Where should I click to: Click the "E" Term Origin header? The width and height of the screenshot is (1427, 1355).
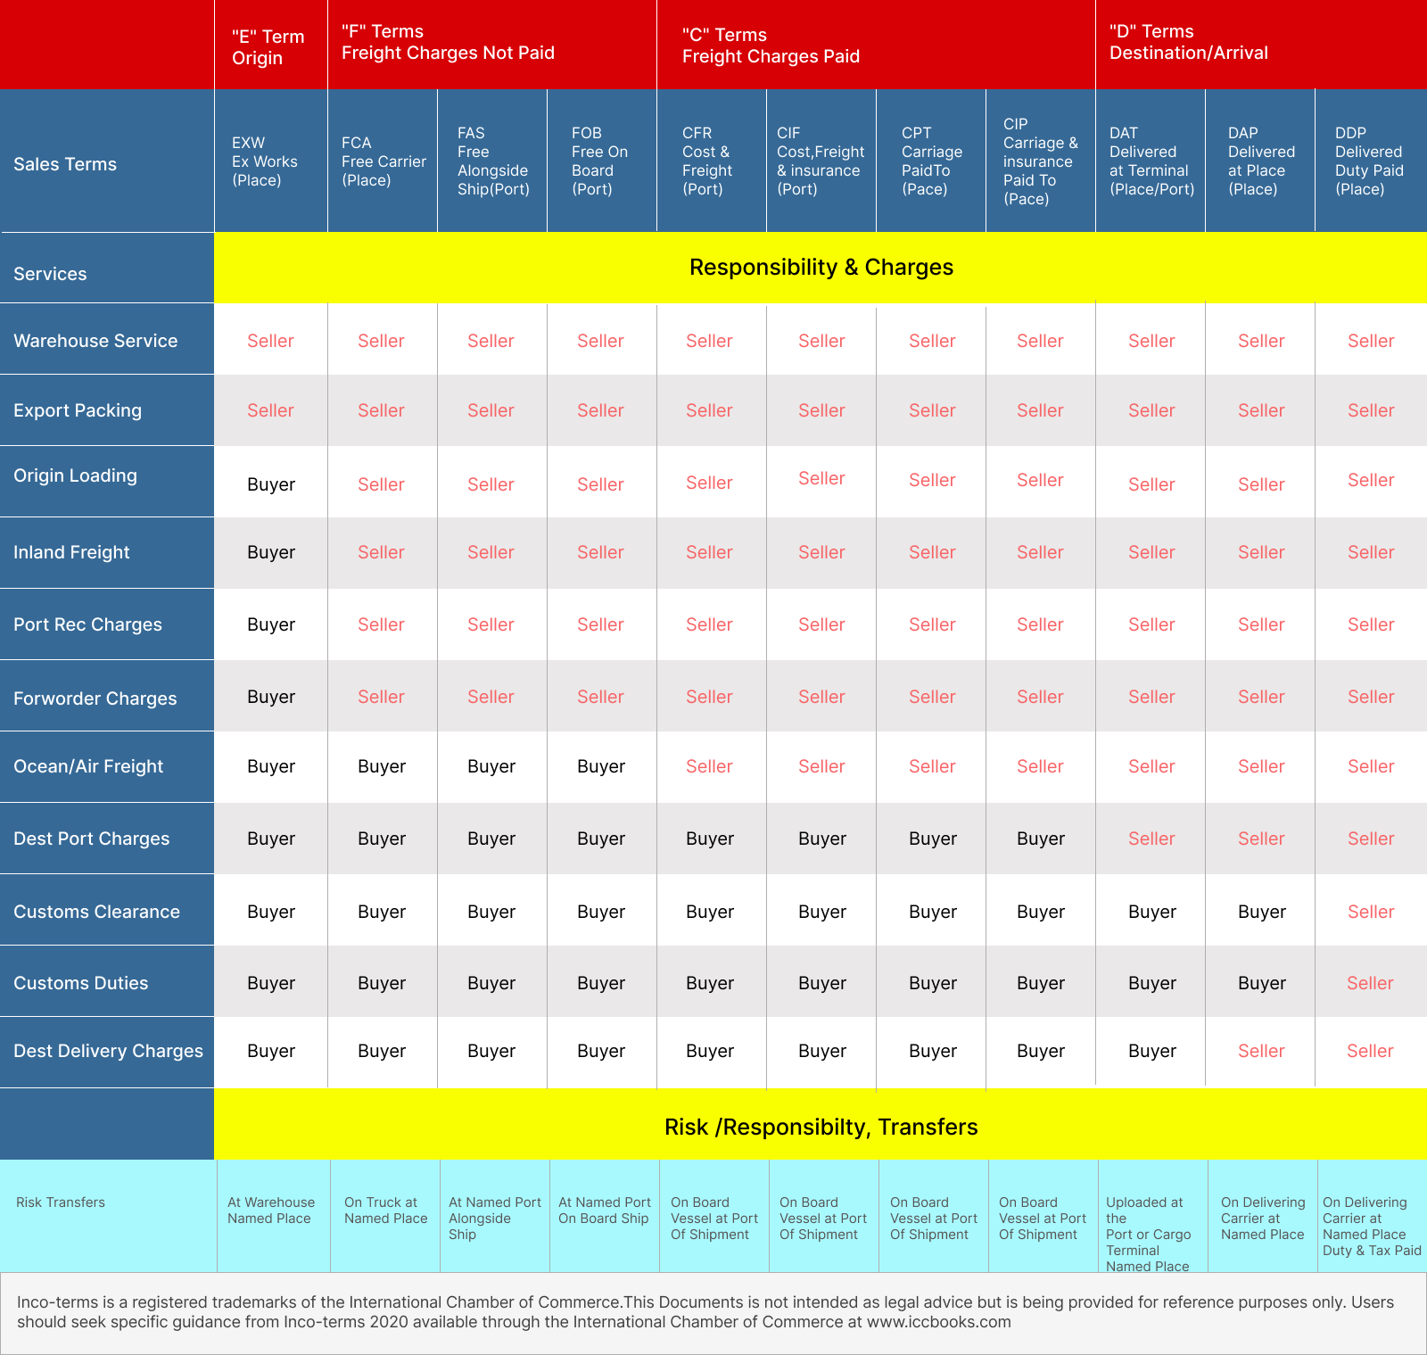click(x=268, y=47)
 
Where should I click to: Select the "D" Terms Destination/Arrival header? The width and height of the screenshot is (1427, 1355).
click(x=1188, y=42)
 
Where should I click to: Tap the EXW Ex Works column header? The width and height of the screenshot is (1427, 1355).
click(x=264, y=161)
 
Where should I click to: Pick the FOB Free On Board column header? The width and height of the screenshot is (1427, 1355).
click(x=599, y=161)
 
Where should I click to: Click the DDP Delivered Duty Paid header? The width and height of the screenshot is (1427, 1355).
click(x=1368, y=161)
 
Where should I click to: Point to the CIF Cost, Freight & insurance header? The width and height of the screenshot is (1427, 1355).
click(x=821, y=161)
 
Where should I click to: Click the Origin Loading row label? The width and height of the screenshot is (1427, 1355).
click(x=75, y=475)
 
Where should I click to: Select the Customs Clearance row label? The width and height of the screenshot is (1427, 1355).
click(x=96, y=912)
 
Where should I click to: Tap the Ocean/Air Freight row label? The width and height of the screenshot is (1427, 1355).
click(x=88, y=766)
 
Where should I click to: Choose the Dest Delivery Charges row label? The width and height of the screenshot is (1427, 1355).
click(x=108, y=1051)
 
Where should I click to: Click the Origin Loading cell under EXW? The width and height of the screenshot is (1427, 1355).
click(x=271, y=484)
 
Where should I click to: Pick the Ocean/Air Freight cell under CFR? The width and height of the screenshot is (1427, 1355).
click(x=709, y=766)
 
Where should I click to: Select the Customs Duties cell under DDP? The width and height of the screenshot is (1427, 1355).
click(x=1370, y=983)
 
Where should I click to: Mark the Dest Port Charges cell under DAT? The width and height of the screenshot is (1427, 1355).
click(x=1151, y=839)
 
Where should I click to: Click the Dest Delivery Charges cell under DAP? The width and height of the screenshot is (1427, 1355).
click(x=1261, y=1051)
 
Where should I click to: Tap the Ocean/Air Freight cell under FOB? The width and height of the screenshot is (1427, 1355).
click(x=601, y=766)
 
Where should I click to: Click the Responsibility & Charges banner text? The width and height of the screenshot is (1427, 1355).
click(x=821, y=268)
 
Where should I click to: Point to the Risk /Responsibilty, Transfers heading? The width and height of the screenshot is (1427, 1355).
click(x=821, y=1127)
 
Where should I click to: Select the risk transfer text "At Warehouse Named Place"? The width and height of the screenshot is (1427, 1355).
click(x=270, y=1210)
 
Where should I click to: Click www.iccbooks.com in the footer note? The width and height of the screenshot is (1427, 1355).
click(x=938, y=1321)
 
